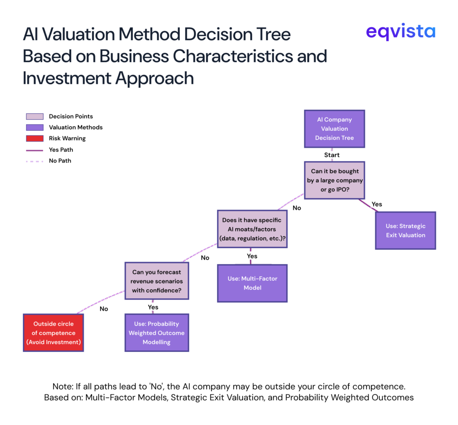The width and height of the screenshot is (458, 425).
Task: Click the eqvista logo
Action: tap(400, 32)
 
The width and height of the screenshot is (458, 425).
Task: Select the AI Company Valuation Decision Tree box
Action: tap(334, 129)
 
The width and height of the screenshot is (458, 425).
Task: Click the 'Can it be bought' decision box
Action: tap(334, 180)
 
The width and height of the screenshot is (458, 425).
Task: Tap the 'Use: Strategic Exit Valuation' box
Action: tap(405, 230)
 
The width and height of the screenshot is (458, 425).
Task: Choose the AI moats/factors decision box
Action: tap(252, 229)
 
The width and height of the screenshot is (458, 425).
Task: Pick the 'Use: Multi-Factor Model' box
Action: tap(252, 283)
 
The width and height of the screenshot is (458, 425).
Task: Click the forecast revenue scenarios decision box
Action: tap(157, 281)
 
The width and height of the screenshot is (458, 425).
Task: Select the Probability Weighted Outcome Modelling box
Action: tap(157, 333)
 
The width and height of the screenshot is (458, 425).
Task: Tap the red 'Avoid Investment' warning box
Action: tap(53, 333)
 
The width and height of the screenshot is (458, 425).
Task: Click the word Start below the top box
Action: tap(331, 155)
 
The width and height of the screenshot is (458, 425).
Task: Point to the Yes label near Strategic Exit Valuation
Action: tap(377, 204)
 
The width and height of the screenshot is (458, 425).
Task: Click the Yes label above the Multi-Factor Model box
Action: tap(252, 256)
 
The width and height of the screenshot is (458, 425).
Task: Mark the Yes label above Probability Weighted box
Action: tap(153, 307)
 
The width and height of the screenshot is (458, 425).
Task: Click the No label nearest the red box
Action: tap(104, 308)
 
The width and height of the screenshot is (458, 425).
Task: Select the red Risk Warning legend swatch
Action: tap(34, 138)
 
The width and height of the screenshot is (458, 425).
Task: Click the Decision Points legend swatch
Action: tap(34, 117)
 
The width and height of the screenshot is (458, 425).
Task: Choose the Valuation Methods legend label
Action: tap(76, 127)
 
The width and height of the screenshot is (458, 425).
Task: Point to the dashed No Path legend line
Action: tap(34, 161)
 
